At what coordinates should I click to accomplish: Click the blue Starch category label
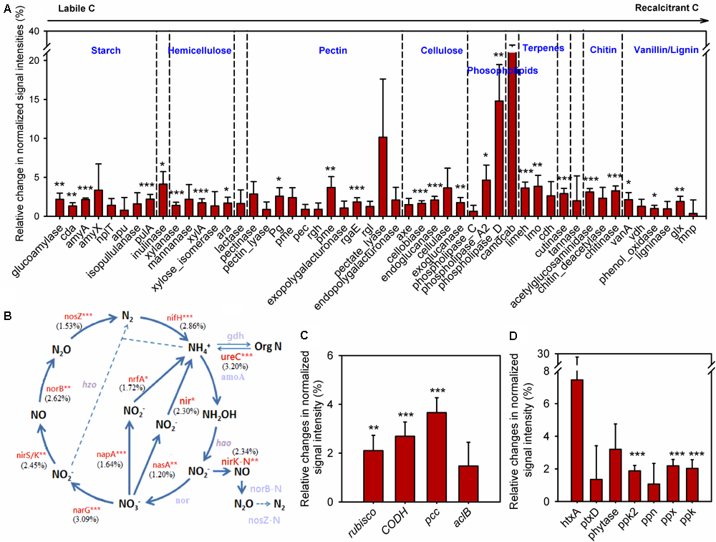(105, 51)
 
